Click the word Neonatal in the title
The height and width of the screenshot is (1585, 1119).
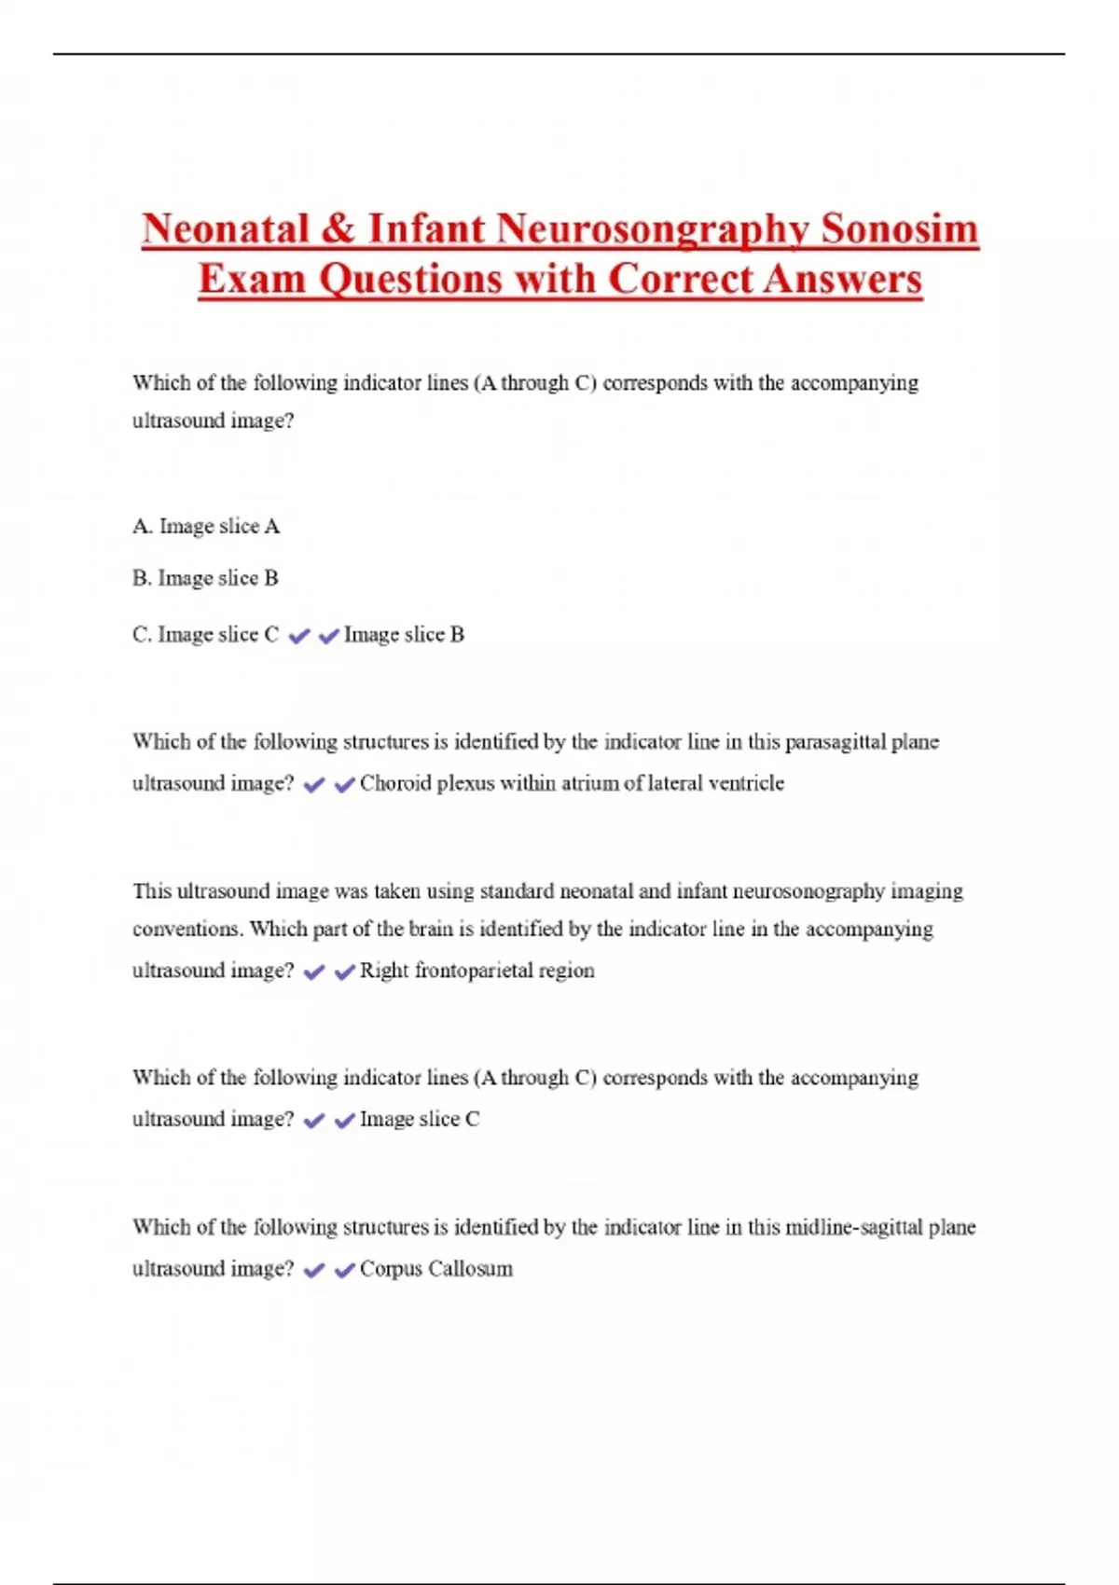[x=225, y=229]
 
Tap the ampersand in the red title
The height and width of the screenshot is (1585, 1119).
[x=338, y=229]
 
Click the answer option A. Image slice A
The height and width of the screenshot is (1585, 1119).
[x=206, y=527]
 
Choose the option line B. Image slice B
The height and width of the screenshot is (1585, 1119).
[x=205, y=579]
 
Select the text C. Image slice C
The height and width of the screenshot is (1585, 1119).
[x=205, y=635]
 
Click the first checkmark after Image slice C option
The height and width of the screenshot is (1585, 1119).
[x=298, y=637]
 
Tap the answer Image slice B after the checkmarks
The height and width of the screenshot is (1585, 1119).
[x=404, y=635]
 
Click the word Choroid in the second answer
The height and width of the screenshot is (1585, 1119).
[x=395, y=783]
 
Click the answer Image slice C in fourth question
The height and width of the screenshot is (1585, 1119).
[x=420, y=1119]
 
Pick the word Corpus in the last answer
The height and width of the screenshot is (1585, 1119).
[x=384, y=1269]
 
